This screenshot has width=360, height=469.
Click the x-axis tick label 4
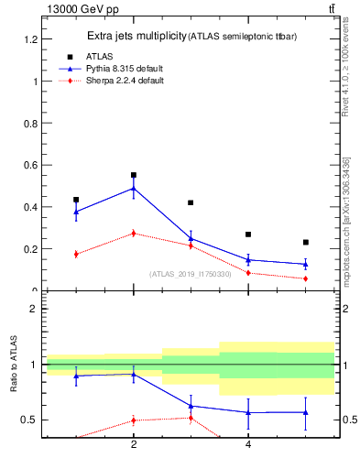(x=248, y=445)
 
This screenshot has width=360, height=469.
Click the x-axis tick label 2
(x=134, y=445)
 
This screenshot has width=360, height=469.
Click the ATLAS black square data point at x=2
(x=134, y=175)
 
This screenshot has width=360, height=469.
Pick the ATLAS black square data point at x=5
(x=306, y=243)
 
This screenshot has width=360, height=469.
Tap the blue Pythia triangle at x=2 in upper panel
(x=134, y=189)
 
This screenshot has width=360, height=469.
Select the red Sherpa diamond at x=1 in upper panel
(x=76, y=254)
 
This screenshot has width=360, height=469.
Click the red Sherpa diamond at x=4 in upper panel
(x=248, y=272)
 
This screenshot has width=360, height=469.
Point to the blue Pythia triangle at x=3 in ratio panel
(x=191, y=406)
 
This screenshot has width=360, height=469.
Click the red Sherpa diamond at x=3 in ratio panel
(x=191, y=418)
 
